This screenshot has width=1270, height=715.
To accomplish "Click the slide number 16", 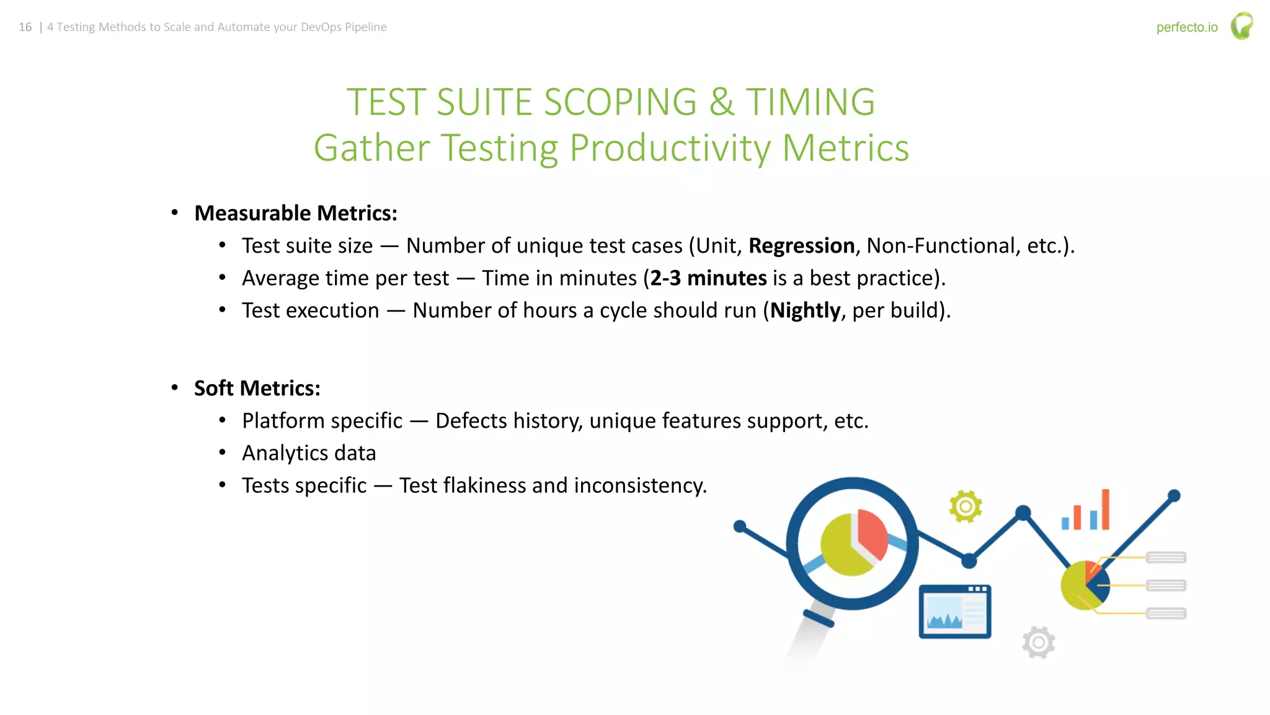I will (x=25, y=27).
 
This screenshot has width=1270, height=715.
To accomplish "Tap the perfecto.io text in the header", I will (x=1186, y=27).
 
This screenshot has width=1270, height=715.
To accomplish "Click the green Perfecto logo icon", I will (x=1241, y=26).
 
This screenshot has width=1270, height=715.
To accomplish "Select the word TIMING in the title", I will (x=810, y=102).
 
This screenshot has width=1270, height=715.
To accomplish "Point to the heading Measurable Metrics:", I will (x=295, y=213).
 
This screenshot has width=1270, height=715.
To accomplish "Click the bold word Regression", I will (x=801, y=246).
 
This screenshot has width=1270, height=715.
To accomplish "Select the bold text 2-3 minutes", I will (x=708, y=278).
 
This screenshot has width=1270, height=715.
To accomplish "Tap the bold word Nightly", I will (x=805, y=310).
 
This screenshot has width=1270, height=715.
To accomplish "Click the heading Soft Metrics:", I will (x=257, y=388).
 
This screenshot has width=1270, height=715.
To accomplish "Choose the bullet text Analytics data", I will (x=309, y=453).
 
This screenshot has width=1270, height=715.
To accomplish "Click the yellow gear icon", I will (x=965, y=506).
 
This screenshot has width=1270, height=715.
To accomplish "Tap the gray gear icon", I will (x=1039, y=642).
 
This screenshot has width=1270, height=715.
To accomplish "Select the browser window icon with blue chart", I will (x=954, y=611).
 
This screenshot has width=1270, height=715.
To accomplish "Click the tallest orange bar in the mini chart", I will (x=1105, y=509).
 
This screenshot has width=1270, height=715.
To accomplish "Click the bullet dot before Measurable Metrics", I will (x=175, y=213).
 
